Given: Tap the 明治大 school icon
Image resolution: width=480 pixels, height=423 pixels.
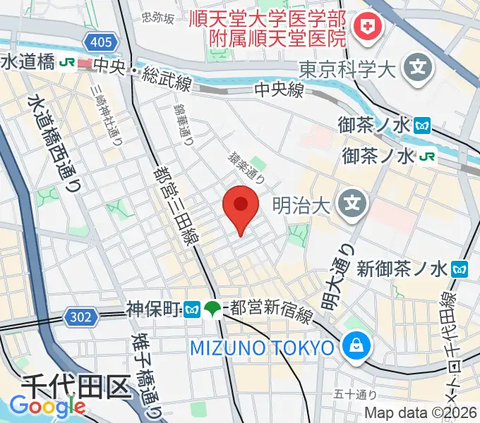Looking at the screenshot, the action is [x=349, y=206].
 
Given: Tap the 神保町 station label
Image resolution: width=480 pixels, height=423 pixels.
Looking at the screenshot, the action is [x=155, y=309].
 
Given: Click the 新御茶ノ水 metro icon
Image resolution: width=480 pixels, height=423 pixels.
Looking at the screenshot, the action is [x=462, y=269].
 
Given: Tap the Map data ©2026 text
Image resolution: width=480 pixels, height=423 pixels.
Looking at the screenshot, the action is [x=420, y=415].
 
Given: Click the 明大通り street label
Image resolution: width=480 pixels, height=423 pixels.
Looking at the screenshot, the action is [x=337, y=276].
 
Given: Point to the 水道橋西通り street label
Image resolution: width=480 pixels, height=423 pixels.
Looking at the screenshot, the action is [x=54, y=144].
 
